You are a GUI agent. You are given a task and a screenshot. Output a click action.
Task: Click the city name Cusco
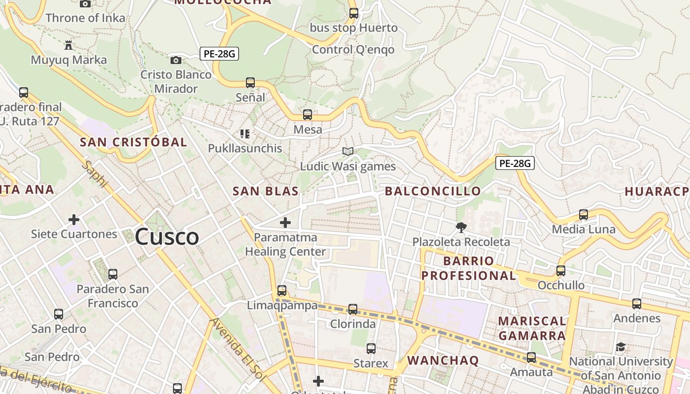[x=167, y=237]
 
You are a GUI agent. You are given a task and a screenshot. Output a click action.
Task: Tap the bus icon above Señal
[x=250, y=82]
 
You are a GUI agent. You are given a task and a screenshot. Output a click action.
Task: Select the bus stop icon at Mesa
[x=308, y=115]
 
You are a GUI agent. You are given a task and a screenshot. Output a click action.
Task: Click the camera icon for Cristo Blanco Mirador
[x=175, y=60]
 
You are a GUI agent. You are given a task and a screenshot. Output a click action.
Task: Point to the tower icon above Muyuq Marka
[x=69, y=45]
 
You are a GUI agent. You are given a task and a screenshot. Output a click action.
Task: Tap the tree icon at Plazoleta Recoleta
[x=461, y=227]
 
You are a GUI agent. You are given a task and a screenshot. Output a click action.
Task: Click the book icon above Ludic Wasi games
[x=348, y=152]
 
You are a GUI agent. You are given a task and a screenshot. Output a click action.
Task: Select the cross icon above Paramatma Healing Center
[x=285, y=223]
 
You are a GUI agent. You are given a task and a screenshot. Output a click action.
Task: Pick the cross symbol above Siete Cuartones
[x=74, y=219]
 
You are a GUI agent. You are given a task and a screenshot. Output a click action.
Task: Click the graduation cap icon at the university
[x=621, y=347]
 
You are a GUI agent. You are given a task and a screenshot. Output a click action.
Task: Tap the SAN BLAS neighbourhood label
[x=266, y=191]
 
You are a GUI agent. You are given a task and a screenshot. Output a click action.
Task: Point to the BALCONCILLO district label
[x=433, y=191]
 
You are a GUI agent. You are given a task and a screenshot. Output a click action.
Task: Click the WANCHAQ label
[x=443, y=361]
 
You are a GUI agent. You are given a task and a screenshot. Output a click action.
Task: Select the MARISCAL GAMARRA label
[x=532, y=328]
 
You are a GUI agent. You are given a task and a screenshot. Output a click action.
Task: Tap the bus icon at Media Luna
[x=584, y=214]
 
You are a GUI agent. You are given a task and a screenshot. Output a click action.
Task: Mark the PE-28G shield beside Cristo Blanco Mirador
[x=219, y=54]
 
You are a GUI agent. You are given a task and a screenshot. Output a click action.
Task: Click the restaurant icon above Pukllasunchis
[x=244, y=133]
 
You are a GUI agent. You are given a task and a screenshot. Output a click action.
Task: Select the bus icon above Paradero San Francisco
[x=113, y=274]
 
